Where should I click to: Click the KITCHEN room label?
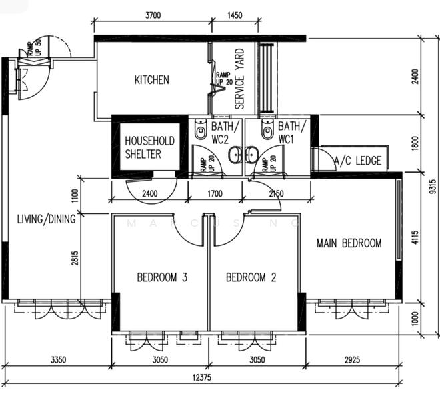(x=152, y=80)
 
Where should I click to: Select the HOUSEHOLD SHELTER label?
(x=150, y=147)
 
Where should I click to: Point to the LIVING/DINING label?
(x=46, y=218)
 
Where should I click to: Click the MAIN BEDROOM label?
(x=349, y=243)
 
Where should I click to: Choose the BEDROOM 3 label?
(x=161, y=277)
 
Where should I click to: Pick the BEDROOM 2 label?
(x=251, y=277)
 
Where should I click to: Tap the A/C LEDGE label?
(x=358, y=161)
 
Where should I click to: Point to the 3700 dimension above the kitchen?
(x=152, y=14)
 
